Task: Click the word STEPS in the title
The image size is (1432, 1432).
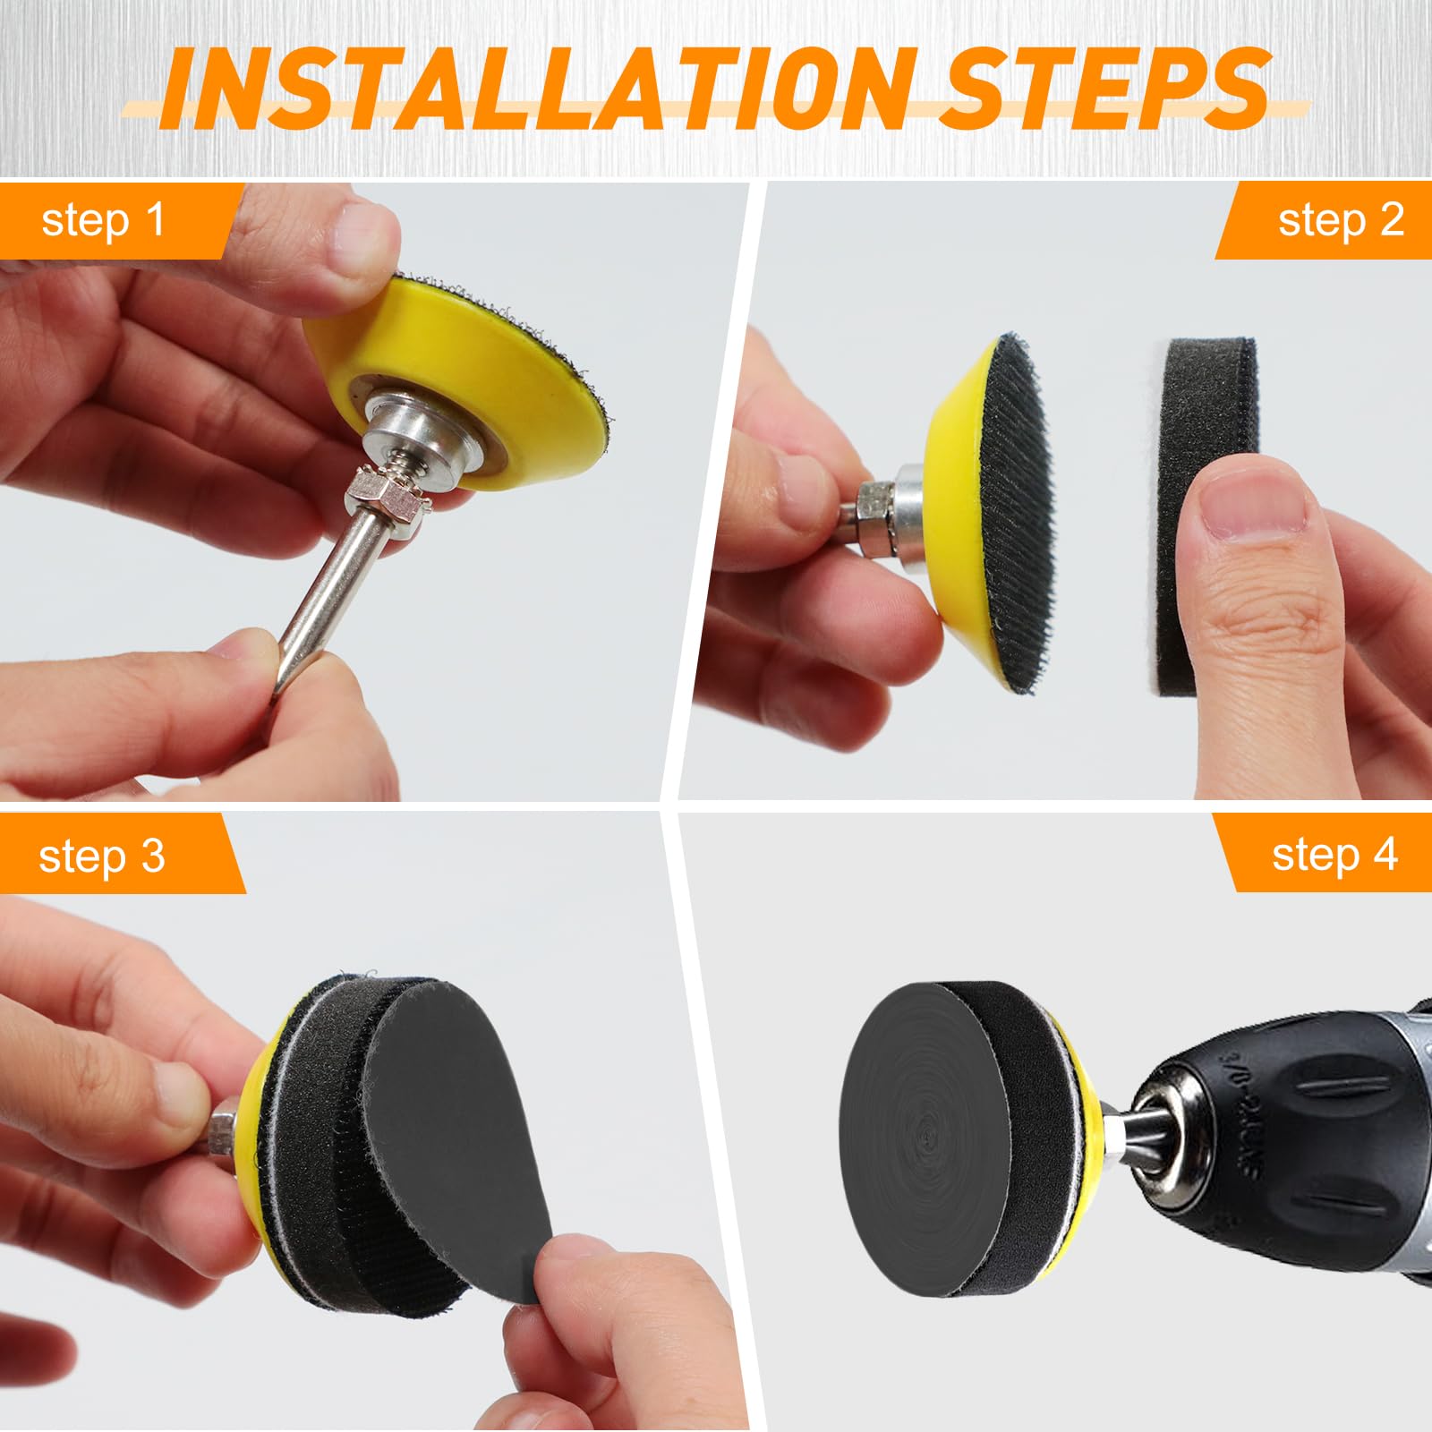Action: pos(1107,86)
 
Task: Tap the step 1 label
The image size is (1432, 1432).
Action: pos(103,221)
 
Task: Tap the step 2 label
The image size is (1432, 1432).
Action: pos(1341,221)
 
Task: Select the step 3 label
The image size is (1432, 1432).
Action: pos(102,857)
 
